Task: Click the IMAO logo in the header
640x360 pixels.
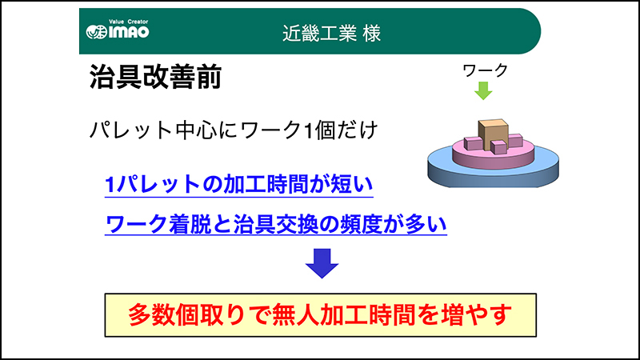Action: [118, 30]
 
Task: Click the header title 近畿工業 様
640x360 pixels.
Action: [331, 33]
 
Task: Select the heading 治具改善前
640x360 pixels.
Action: [155, 77]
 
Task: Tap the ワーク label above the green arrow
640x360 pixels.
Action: [485, 70]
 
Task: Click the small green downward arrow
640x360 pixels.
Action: [483, 90]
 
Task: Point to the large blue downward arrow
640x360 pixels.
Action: [322, 263]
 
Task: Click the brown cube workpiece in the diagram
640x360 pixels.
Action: [493, 134]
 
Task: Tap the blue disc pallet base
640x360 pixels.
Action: [493, 171]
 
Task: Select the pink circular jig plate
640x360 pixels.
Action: [493, 156]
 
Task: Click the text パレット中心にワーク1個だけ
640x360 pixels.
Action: [234, 130]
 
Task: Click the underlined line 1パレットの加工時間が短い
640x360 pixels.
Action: [238, 185]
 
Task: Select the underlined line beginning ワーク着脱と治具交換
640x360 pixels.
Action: [276, 224]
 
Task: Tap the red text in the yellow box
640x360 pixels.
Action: [320, 314]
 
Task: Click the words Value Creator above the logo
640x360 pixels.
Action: [129, 22]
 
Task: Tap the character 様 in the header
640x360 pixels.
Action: [371, 34]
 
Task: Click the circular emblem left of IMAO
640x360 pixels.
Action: [96, 32]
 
